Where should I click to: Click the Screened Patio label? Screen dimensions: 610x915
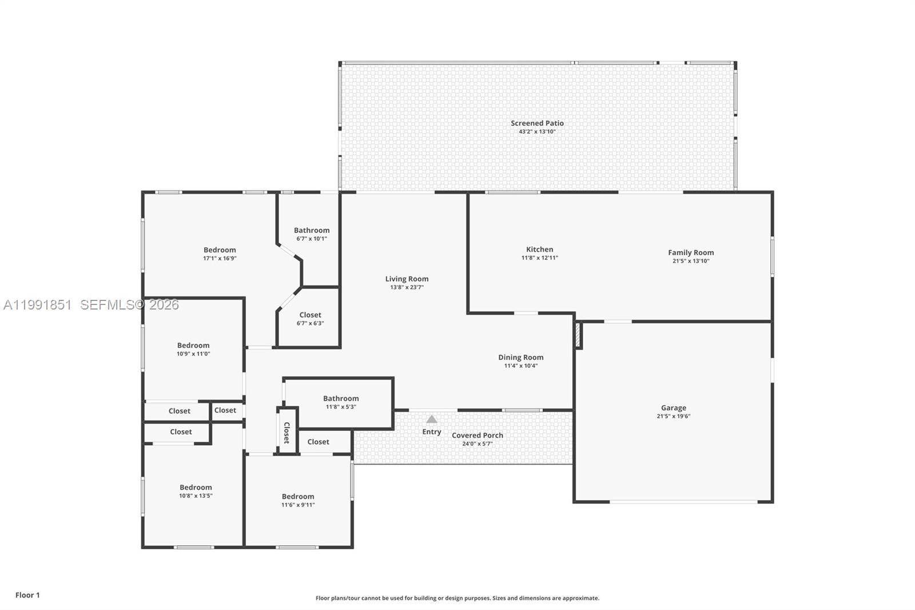[x=537, y=123]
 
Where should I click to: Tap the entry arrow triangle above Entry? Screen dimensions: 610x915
[x=432, y=419]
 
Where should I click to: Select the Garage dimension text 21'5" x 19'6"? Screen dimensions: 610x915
[x=673, y=417]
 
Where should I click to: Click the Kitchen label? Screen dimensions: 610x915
[x=539, y=249]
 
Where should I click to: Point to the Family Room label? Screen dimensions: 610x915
[x=691, y=252]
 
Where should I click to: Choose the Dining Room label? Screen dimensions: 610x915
[x=520, y=357]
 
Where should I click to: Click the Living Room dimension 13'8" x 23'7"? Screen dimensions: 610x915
[x=407, y=287]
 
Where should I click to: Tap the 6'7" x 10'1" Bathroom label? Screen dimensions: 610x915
[x=312, y=231]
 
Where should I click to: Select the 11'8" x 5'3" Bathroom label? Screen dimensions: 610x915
[x=341, y=399]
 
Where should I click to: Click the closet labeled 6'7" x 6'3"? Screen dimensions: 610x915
[x=310, y=315]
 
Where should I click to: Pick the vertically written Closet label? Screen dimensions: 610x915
[x=287, y=433]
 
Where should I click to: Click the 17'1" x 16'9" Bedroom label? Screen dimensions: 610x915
[x=220, y=250]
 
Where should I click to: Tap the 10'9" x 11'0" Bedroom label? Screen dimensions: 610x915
[x=193, y=346]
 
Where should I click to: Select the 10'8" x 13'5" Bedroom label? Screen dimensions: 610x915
[x=196, y=488]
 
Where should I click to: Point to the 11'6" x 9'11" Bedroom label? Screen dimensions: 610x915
[x=297, y=497]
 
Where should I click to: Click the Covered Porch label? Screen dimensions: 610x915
[x=478, y=435]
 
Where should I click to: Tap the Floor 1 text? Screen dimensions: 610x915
[x=27, y=595]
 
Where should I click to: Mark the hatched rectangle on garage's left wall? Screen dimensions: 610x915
[x=578, y=336]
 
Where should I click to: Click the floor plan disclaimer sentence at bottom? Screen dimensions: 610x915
[x=457, y=598]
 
